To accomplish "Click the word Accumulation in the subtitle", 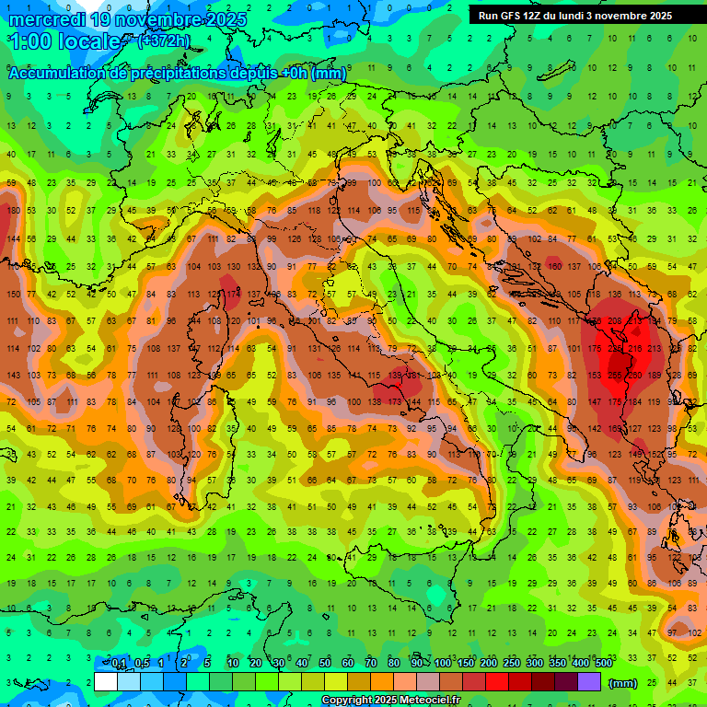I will click(x=60, y=74).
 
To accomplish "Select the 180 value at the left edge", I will click(x=12, y=211).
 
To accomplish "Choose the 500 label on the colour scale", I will click(x=603, y=663).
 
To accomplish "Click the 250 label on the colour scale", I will click(x=511, y=663).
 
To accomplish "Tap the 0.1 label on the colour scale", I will click(x=118, y=663).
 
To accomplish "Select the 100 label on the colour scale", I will click(x=442, y=663).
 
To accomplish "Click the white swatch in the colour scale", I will click(x=106, y=681).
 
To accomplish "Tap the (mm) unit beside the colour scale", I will click(x=623, y=683).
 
